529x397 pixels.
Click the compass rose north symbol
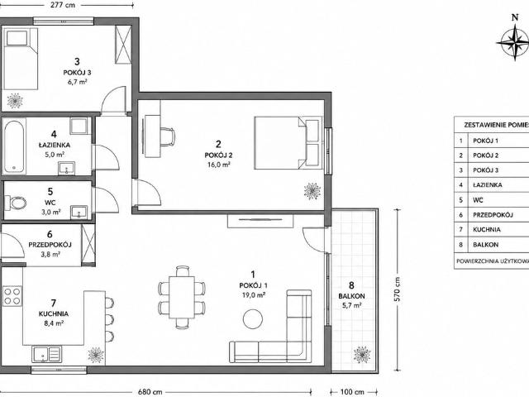coord(515,42)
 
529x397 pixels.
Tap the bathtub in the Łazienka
coord(15,146)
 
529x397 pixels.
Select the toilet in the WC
coord(16,203)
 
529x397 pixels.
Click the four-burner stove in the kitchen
coord(12,296)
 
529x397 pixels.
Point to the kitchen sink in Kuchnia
coord(46,354)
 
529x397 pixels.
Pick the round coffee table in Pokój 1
coord(253,319)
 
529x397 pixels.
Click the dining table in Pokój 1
coord(182,297)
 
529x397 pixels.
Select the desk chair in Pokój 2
coord(168,136)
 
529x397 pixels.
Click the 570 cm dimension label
coord(398,289)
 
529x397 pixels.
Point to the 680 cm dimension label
coord(150,392)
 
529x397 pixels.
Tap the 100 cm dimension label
coord(352,392)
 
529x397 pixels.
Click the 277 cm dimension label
coord(63,5)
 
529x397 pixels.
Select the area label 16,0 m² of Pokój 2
coord(219,165)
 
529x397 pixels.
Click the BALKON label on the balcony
coord(351,296)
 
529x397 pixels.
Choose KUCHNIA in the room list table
coord(487,230)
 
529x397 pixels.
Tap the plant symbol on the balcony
coord(362,355)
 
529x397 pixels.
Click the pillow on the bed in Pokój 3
coord(17,38)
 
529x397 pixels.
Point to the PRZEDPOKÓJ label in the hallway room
coord(50,245)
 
